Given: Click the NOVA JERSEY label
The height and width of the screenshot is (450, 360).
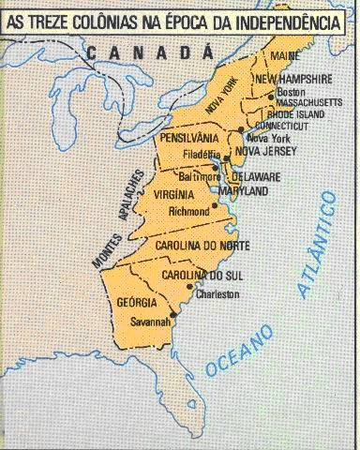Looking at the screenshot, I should [x=266, y=150].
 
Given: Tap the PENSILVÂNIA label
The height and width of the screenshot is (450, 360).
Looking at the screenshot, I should [x=189, y=138].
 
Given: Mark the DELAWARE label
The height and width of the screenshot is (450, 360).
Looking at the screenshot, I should [x=256, y=176].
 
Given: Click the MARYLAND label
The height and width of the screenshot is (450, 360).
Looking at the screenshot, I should [x=243, y=190].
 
